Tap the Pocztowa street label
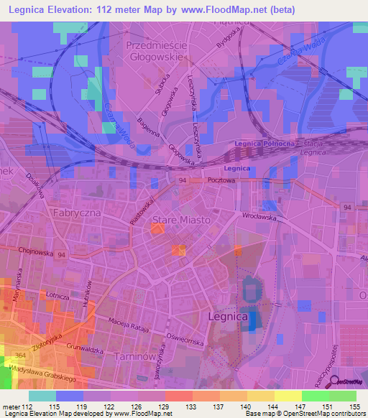[x=221, y=181]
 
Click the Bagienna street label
[x=147, y=130]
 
